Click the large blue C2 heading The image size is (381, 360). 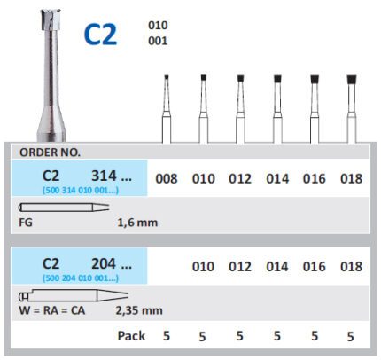(100, 35)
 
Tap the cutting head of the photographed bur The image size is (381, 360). (51, 20)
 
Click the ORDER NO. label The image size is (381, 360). (50, 153)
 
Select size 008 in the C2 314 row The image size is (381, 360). (167, 178)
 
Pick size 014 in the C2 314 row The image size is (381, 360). (277, 178)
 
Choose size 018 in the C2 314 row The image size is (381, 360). (351, 178)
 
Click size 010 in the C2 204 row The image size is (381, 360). (203, 266)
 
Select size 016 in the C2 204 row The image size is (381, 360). (315, 266)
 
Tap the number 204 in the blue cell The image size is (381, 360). (104, 263)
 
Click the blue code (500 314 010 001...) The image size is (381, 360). (81, 190)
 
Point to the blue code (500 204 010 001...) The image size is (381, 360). (81, 278)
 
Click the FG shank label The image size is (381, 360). (26, 223)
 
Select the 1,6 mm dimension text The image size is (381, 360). (137, 223)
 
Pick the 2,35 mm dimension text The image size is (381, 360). (139, 310)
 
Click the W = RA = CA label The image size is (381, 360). (52, 310)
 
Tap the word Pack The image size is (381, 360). (131, 336)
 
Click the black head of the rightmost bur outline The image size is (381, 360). (352, 80)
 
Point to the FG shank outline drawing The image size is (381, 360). (64, 207)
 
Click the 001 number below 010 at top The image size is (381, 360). (158, 41)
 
